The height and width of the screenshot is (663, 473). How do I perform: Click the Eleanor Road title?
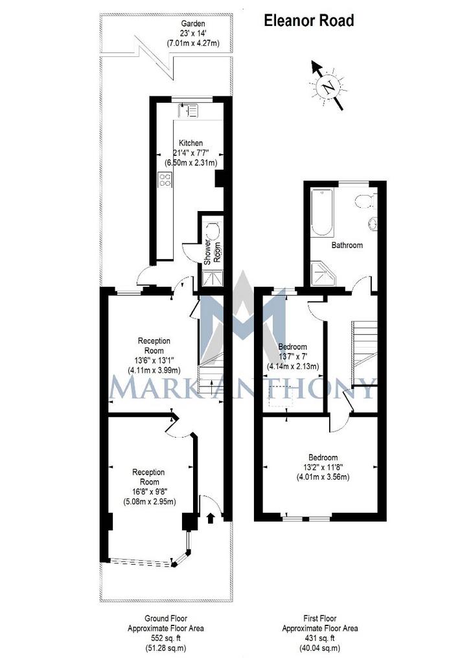(309, 20)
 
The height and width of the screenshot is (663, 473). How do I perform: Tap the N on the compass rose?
(329, 87)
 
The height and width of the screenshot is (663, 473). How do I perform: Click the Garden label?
(193, 24)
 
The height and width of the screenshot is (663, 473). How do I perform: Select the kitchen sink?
(188, 110)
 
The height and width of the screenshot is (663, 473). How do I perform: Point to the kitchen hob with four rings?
(165, 180)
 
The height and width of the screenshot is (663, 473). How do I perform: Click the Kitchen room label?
(190, 143)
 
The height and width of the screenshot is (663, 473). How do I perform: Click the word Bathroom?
(347, 245)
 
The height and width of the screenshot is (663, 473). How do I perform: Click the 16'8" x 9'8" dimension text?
(149, 492)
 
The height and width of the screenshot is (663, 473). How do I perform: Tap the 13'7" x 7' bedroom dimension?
(293, 357)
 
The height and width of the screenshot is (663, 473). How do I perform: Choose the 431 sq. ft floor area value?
(320, 638)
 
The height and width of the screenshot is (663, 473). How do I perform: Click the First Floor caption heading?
(320, 618)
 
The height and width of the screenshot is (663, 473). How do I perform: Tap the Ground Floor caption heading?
(166, 618)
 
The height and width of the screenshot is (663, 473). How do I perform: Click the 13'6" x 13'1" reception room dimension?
(154, 360)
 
